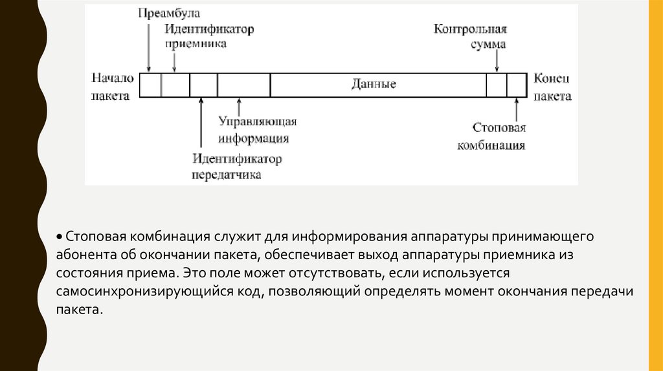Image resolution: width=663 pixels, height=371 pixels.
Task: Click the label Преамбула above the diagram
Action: coord(169,13)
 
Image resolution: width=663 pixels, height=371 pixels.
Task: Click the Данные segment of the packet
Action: coord(374,85)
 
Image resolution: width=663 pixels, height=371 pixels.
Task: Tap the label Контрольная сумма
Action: coord(470,37)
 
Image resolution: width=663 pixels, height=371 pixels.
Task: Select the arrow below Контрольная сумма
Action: coord(497,61)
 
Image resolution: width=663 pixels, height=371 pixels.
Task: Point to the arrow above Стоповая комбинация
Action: coord(517,108)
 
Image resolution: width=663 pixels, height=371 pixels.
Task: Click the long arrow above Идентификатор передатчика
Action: coord(201,123)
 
